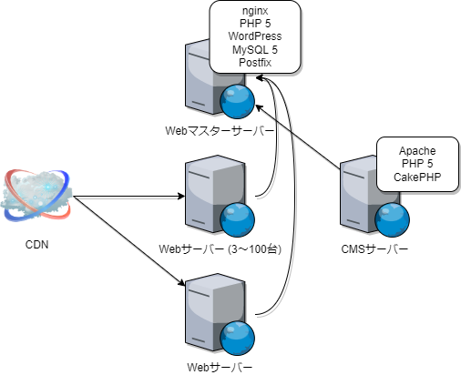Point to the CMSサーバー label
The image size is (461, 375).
(374, 248)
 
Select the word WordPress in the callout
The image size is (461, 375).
(255, 35)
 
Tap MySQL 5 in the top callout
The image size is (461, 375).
(255, 49)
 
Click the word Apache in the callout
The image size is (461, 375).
(416, 150)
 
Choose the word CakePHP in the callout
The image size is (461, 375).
(416, 177)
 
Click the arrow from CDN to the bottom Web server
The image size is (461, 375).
(128, 246)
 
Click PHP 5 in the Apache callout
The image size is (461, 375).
(416, 164)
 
